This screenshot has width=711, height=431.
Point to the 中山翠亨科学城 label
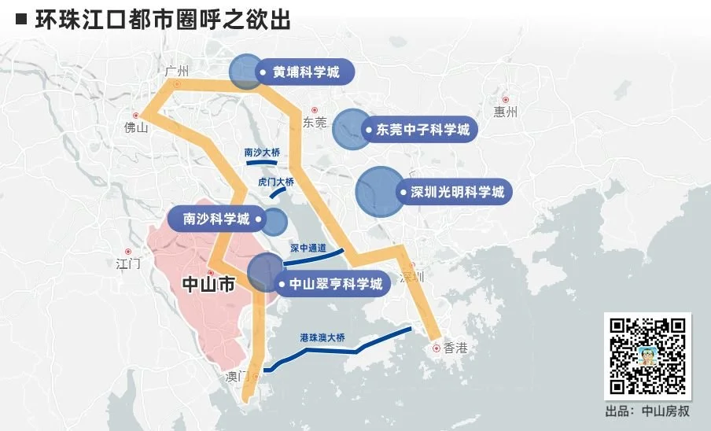pos(335,284)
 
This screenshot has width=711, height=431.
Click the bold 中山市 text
pos(208,286)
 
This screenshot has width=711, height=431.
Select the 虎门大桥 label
pos(275,182)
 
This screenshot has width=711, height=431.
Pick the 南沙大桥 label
pos(262,153)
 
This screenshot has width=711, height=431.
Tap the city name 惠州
pos(506,112)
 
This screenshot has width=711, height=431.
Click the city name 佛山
pos(136,127)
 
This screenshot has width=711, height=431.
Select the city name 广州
pos(179,72)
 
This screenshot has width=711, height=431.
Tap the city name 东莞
pos(314,122)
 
